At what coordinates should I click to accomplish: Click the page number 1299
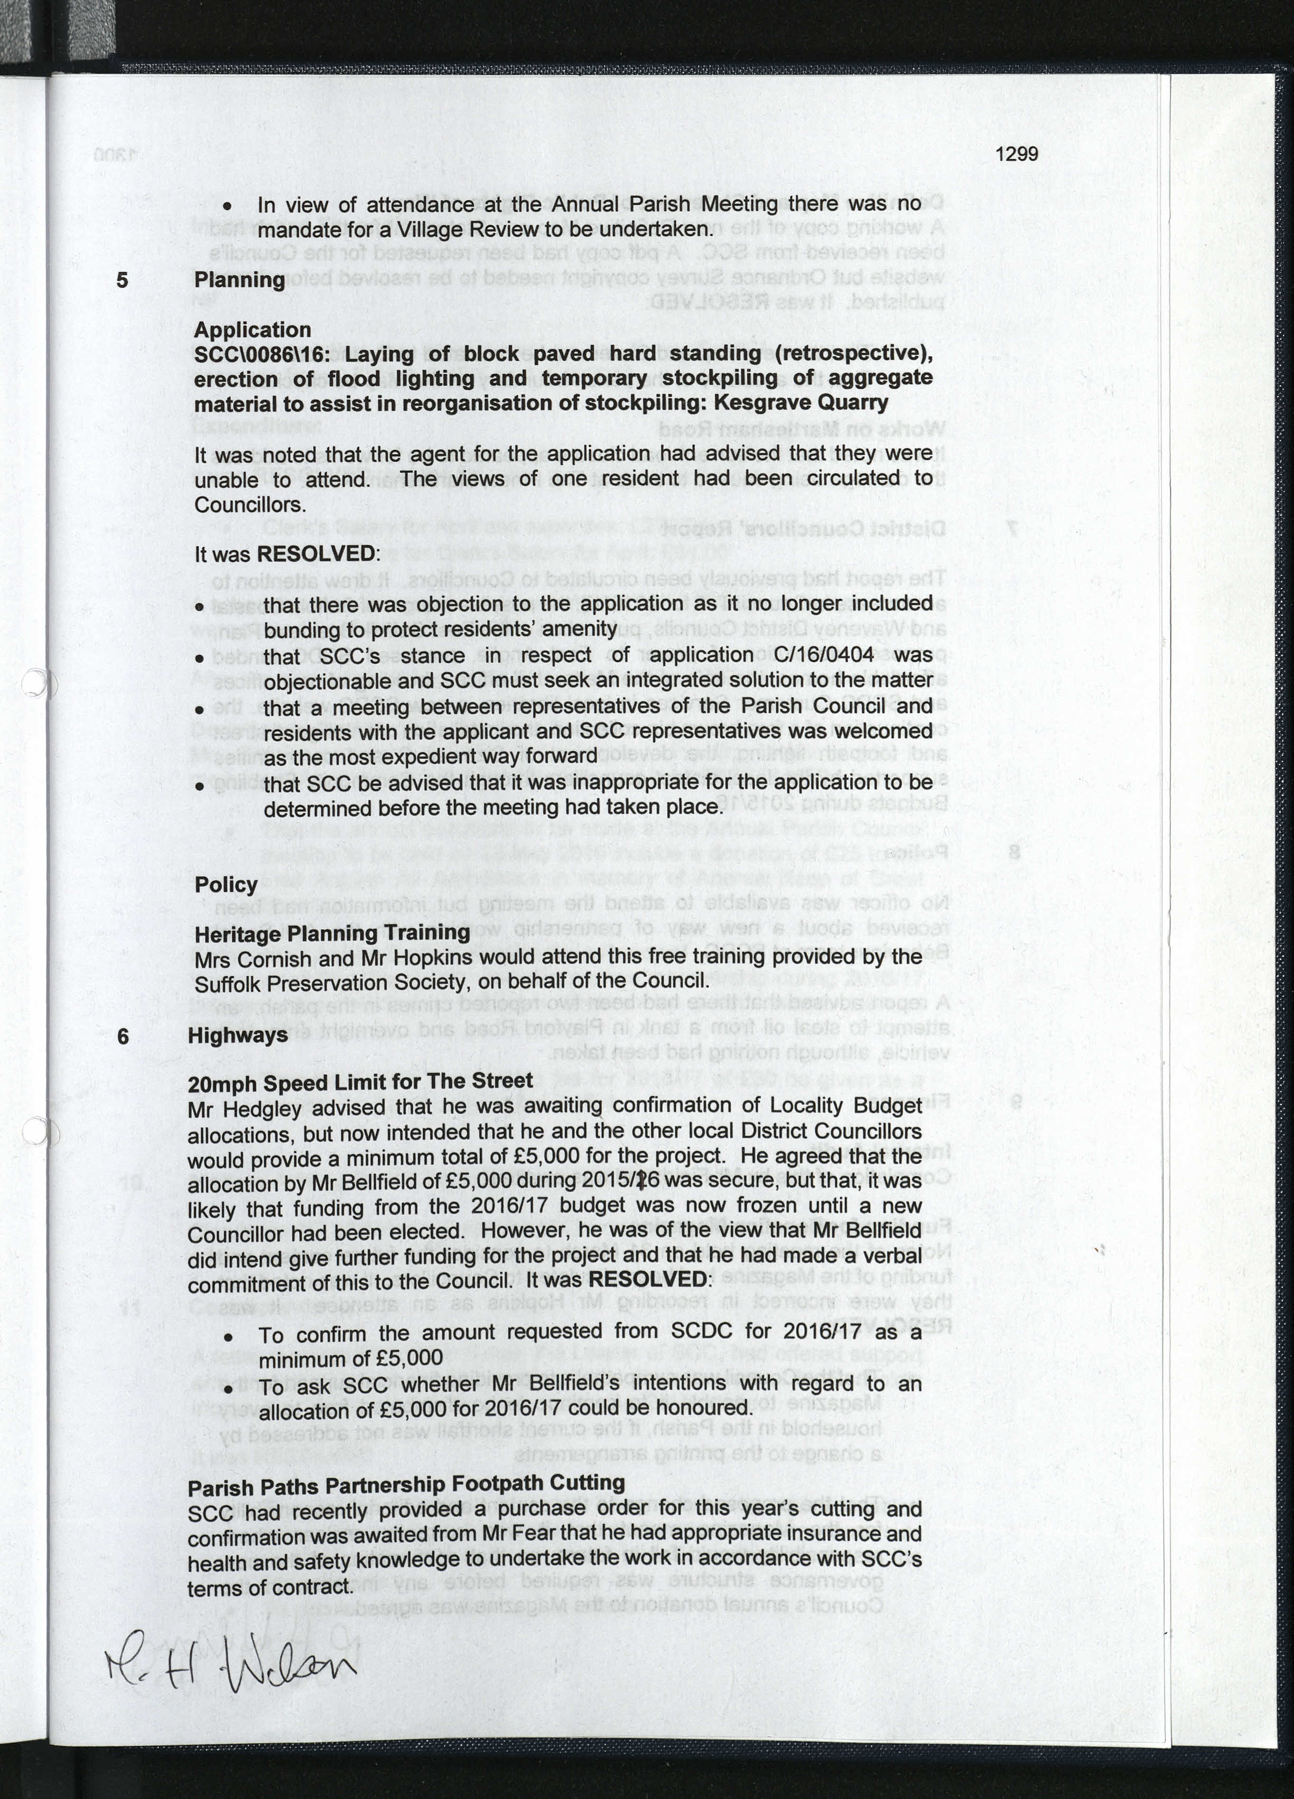pos(1016,154)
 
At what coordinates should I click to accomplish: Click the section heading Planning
pos(239,280)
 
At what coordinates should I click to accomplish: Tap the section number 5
pos(122,280)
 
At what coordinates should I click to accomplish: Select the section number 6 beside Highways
pos(122,1036)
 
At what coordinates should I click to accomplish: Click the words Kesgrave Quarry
pos(800,403)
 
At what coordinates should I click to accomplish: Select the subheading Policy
pos(226,885)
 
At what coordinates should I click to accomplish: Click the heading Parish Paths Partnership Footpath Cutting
pos(406,1483)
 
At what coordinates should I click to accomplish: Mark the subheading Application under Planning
pos(252,330)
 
